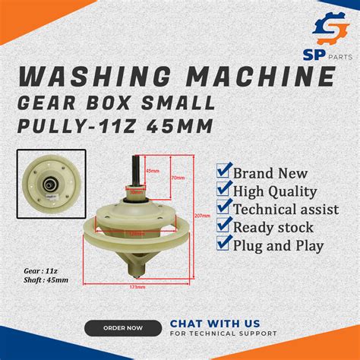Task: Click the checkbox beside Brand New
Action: coord(224,172)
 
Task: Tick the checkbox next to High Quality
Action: coord(224,191)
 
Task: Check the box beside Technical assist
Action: coord(224,209)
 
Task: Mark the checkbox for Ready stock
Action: coord(224,227)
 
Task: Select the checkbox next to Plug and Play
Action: coord(224,245)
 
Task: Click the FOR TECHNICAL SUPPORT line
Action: coord(223,333)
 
